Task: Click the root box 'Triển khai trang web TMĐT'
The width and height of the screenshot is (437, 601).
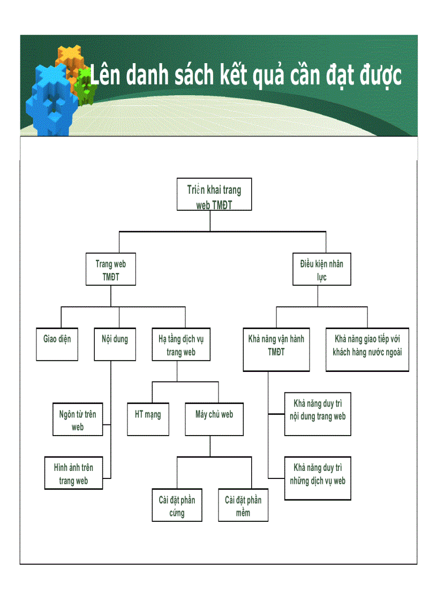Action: [x=214, y=195]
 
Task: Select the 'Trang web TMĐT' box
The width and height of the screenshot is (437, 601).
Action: [x=111, y=270]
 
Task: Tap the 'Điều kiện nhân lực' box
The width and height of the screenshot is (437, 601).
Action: [x=321, y=270]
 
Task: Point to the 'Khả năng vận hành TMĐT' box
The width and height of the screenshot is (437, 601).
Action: [x=276, y=349]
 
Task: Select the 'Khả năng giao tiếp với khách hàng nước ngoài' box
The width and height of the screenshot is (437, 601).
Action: [x=367, y=349]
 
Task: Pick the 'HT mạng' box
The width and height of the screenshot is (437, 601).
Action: [x=148, y=419]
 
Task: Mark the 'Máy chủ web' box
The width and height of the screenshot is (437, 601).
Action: [x=214, y=419]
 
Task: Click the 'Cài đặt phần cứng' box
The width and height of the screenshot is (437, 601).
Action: [x=177, y=505]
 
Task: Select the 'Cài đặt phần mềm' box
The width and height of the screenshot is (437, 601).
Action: [x=243, y=505]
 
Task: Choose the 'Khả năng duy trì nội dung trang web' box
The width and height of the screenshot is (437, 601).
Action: [x=317, y=414]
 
